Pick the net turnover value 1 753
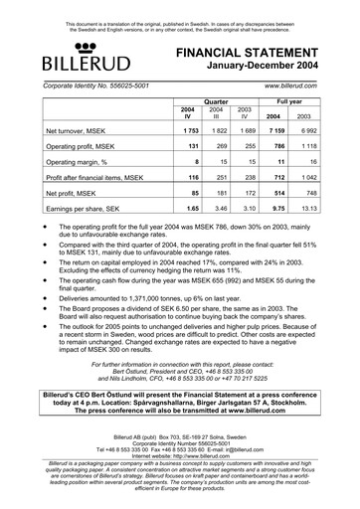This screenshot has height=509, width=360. click(190, 131)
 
